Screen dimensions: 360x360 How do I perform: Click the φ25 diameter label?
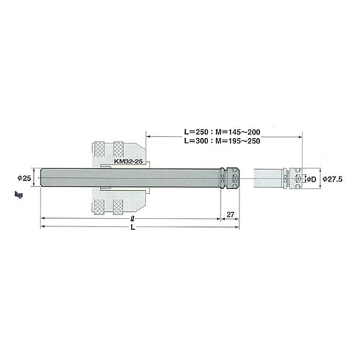click(x=24, y=177)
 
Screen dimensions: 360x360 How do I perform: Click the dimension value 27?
click(x=230, y=214)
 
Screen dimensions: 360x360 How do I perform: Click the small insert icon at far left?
click(x=17, y=194)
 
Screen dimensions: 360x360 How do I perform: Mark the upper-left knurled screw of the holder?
click(x=99, y=150)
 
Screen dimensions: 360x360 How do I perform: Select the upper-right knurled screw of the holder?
click(x=118, y=150)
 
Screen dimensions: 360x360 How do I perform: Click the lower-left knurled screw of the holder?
click(x=99, y=205)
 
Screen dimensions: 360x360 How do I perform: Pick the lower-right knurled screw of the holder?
click(x=118, y=205)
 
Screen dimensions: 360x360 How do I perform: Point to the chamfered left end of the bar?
click(x=42, y=177)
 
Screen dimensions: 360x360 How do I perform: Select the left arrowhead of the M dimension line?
click(x=148, y=135)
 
